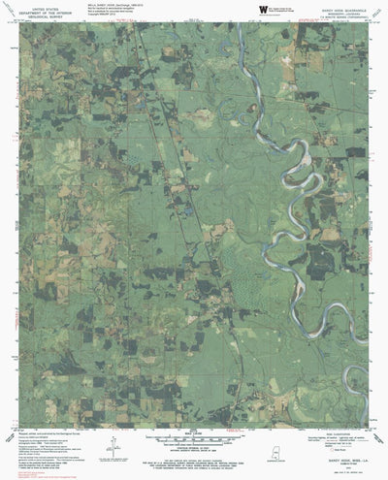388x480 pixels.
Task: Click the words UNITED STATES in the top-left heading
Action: (x=35, y=6)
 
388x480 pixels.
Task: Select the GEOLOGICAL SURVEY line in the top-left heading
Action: (x=35, y=16)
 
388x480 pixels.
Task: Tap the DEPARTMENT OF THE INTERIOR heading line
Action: (x=35, y=11)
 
